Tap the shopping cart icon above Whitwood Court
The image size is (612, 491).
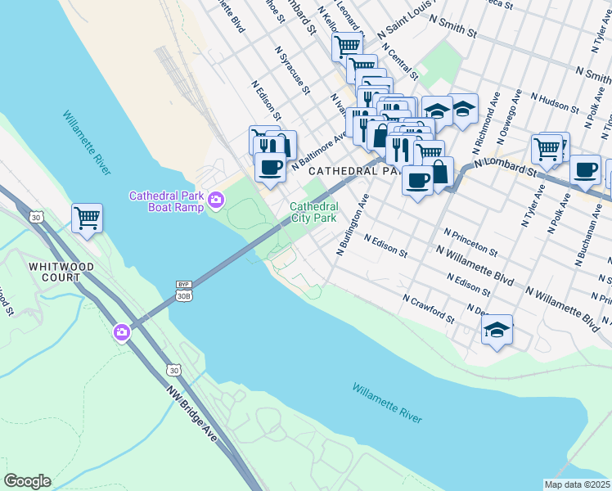[x=87, y=218]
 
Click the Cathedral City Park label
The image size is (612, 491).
[x=313, y=213]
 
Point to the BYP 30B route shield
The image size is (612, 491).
[x=183, y=291]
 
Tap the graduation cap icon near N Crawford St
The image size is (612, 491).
[x=497, y=331]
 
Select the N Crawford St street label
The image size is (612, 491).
[x=429, y=308]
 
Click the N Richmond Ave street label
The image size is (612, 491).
[x=486, y=119]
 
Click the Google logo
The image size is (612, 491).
[x=27, y=481]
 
